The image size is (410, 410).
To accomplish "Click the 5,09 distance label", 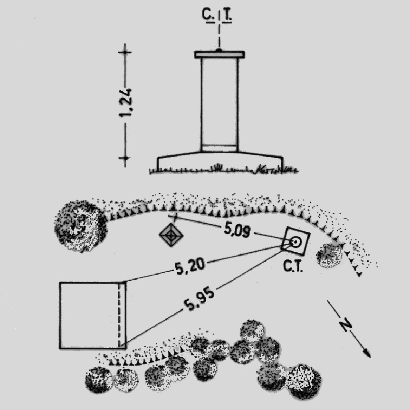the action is [237, 230].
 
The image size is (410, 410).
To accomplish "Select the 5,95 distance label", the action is [199, 299].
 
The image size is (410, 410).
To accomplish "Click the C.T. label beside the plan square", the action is [293, 266].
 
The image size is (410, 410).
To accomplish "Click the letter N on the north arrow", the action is [346, 325].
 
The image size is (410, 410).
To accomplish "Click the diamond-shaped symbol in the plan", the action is [171, 235].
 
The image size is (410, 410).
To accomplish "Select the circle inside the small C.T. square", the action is [296, 242].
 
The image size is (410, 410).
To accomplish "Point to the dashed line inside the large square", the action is [119, 315].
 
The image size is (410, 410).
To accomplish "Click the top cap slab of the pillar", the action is [219, 54].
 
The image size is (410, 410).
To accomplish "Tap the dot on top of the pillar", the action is [219, 50].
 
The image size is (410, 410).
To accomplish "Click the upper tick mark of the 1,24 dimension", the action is [125, 52].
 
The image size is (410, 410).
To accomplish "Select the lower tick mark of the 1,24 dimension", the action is [125, 158].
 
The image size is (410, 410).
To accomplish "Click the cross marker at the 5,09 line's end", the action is [176, 217].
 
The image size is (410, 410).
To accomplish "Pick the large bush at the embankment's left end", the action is [81, 226].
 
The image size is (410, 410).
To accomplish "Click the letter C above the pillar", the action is [207, 15].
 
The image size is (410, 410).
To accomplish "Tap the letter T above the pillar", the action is [228, 16].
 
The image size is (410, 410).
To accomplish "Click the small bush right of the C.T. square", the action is [329, 256].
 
